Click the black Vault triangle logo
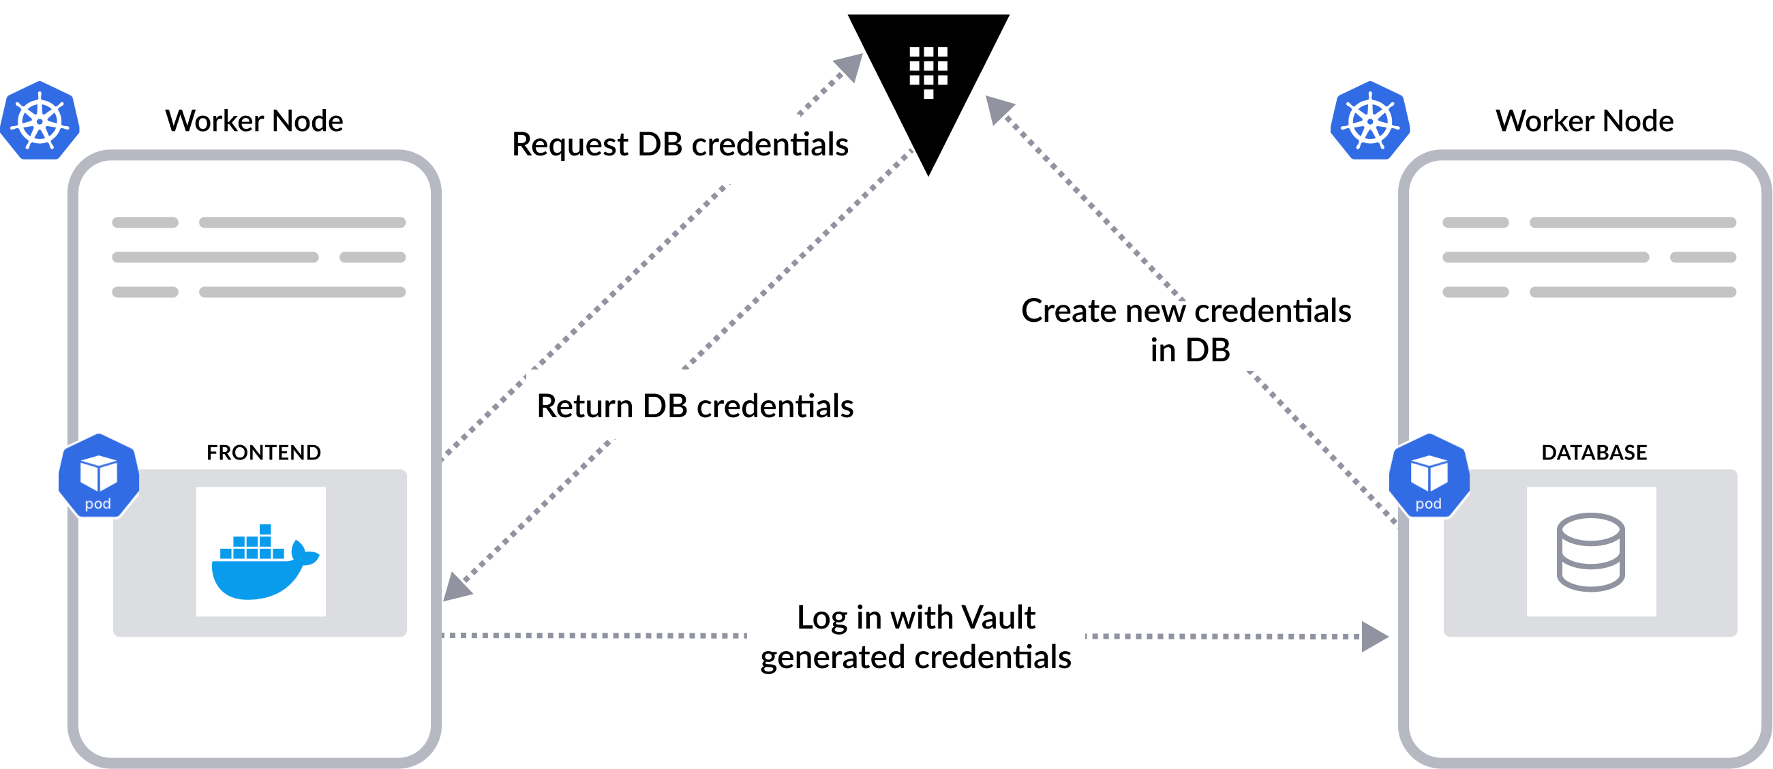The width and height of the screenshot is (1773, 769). point(928,76)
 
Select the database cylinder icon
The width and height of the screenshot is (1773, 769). point(1590,552)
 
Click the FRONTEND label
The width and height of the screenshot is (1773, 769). point(264,452)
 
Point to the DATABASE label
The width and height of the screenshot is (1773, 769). point(1594,452)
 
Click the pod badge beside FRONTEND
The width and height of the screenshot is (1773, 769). point(98,475)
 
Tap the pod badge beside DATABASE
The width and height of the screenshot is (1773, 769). point(1429,475)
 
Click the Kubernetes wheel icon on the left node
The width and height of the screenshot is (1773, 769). point(40,121)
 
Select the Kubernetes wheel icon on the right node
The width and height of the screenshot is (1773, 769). point(1370,121)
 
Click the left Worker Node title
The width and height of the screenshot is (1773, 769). point(254,121)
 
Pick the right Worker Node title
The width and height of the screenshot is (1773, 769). point(1584,121)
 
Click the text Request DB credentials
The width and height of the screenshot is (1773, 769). point(680,145)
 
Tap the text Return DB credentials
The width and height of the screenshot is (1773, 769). point(695,406)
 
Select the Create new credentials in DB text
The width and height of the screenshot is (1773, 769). point(1186,331)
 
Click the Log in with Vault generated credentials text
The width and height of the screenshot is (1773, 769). point(915,637)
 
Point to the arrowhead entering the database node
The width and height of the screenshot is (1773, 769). point(1374,636)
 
